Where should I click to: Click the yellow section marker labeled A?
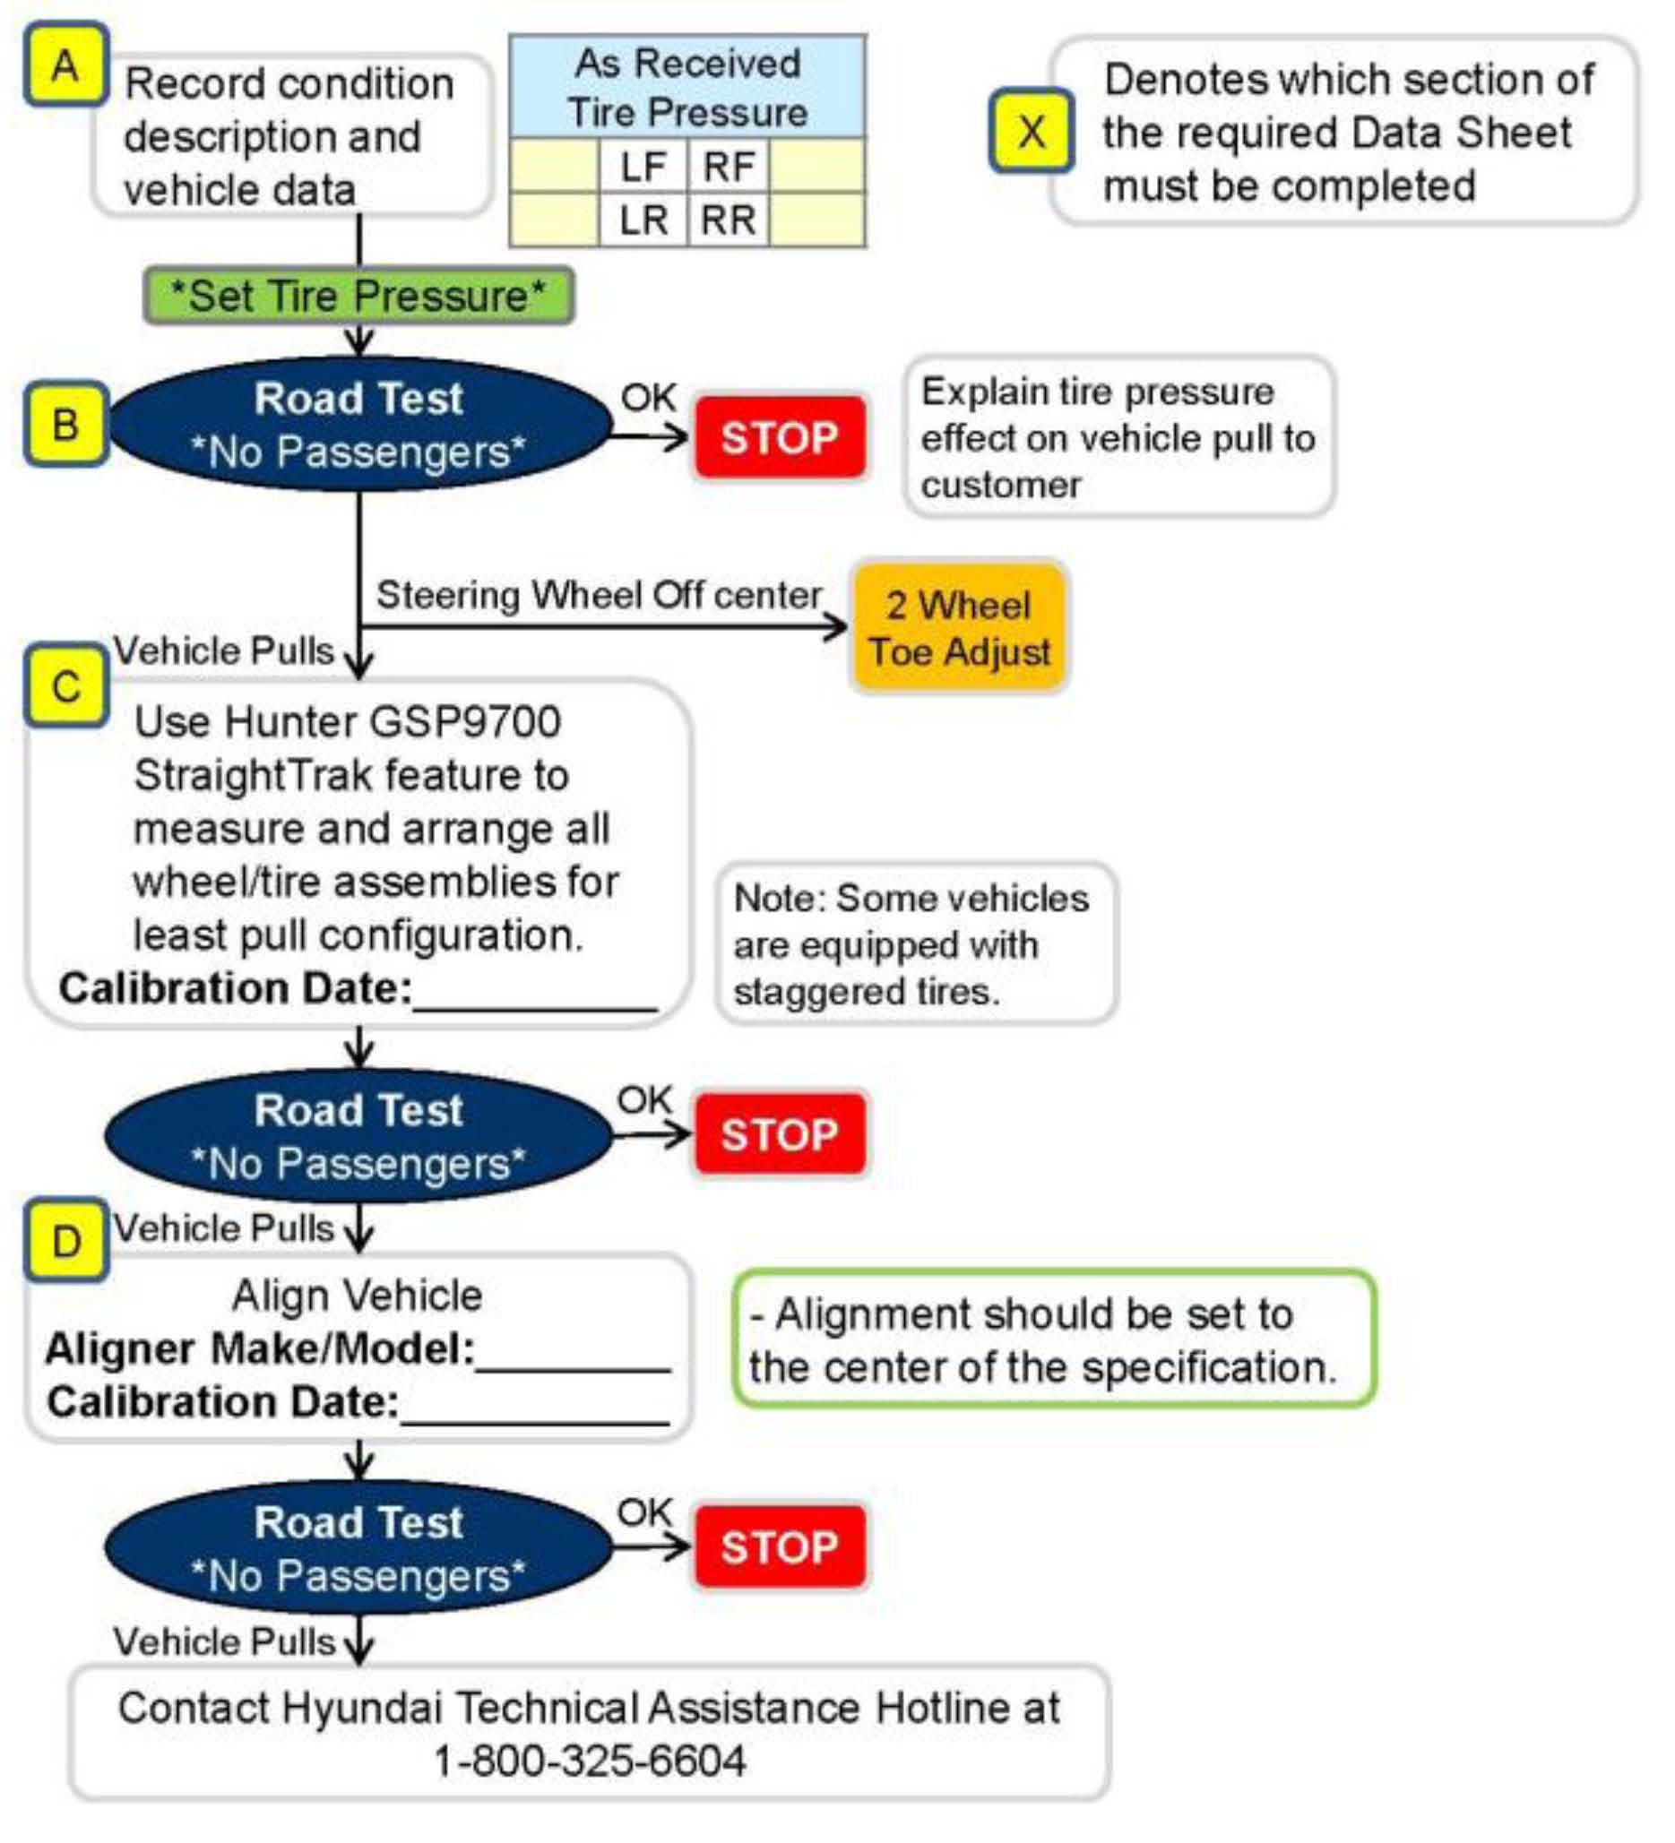coord(65,65)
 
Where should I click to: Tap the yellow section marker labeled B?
coord(65,424)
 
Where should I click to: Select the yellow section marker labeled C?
coord(65,685)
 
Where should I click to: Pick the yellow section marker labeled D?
coord(65,1241)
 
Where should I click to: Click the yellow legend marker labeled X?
coord(1032,131)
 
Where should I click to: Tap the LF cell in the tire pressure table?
coord(643,167)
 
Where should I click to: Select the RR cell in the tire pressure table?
coord(728,220)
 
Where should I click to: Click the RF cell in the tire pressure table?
coord(728,167)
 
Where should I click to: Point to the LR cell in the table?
coord(643,220)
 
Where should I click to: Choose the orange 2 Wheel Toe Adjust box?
coord(959,628)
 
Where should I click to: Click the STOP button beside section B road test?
coord(779,437)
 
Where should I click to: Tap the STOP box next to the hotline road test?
coord(779,1546)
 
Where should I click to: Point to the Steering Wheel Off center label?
coord(599,595)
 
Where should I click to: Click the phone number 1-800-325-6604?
coord(590,1760)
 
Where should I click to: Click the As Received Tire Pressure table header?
coord(686,88)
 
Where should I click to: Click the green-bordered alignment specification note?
coord(1053,1339)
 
